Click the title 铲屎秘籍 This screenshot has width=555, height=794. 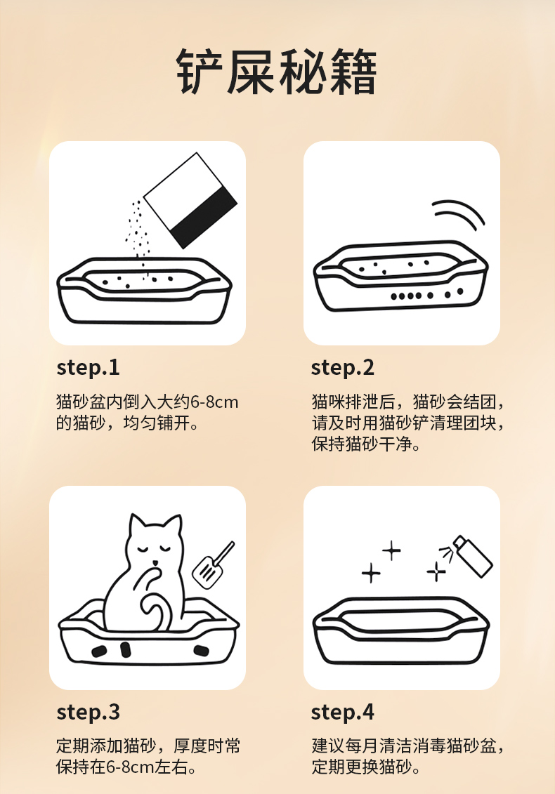tap(277, 72)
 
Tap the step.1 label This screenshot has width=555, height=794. tap(89, 368)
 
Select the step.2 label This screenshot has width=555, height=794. tap(343, 368)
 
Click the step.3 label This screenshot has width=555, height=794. tap(89, 712)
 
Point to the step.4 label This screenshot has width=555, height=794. tap(343, 712)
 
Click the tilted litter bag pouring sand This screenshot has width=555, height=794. tap(190, 201)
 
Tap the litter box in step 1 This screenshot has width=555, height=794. tap(144, 290)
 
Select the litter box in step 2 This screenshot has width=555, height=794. tap(400, 276)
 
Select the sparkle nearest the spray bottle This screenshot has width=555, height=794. tap(436, 572)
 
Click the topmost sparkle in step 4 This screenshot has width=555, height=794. tap(391, 550)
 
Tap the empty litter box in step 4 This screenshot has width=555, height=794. tap(401, 630)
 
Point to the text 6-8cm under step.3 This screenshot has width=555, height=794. tap(130, 767)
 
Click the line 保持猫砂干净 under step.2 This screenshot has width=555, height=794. tap(366, 444)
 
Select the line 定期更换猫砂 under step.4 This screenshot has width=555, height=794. tap(366, 767)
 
